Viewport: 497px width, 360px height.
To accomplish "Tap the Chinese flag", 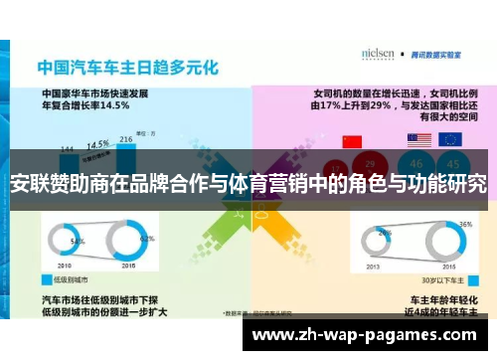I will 350,140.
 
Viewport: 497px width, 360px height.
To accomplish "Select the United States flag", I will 418,140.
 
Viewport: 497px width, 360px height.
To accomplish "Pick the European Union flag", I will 450,140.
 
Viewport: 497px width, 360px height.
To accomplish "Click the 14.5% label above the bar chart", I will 97,142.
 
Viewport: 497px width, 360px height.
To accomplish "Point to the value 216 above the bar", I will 126,139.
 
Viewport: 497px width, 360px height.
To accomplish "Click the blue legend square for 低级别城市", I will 47,280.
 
